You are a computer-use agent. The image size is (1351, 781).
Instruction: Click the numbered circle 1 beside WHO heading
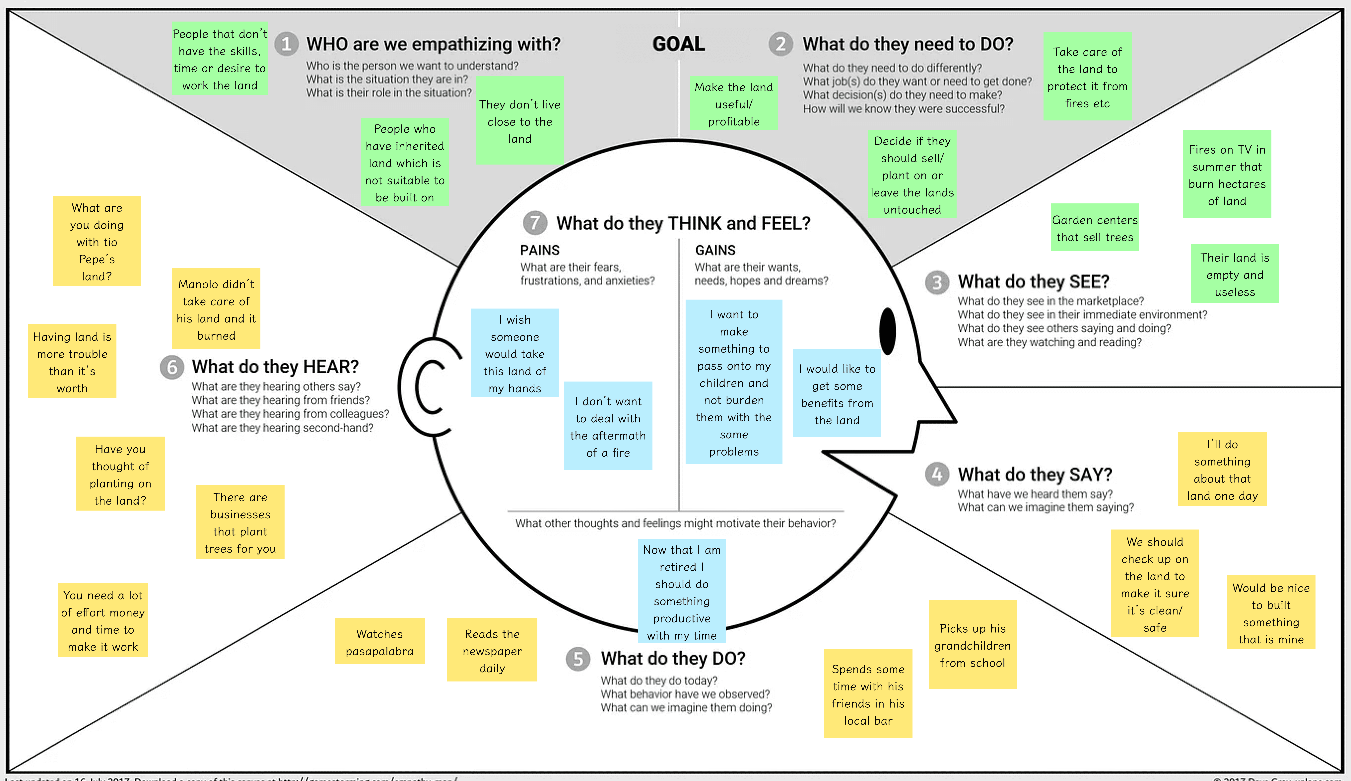(287, 43)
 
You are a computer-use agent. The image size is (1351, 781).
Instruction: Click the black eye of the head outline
(888, 331)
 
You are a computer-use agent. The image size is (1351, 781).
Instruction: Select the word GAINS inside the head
(715, 250)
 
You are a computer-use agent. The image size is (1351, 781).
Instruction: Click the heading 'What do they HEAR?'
(275, 367)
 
